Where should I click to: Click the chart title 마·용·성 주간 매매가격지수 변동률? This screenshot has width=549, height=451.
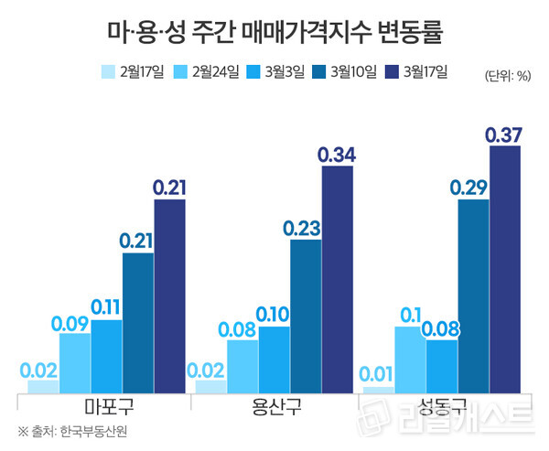click(275, 35)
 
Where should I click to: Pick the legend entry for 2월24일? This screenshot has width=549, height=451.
click(207, 72)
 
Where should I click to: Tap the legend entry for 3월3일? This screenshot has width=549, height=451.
click(275, 72)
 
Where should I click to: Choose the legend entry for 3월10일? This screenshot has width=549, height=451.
click(345, 72)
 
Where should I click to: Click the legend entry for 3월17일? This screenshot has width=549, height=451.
click(416, 72)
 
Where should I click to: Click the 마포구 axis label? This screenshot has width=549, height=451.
click(107, 405)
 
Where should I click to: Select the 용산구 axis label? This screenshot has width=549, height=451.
click(274, 405)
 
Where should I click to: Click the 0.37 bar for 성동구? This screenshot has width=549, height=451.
click(505, 270)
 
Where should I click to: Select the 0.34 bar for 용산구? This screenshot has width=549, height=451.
click(337, 280)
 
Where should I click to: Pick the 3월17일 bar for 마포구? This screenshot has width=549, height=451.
click(169, 296)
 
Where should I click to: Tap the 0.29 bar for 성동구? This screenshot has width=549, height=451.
click(473, 296)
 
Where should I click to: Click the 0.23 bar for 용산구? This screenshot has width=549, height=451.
click(306, 317)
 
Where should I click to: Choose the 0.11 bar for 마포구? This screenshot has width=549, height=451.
click(107, 357)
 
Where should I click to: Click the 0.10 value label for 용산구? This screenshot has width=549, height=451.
click(274, 315)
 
